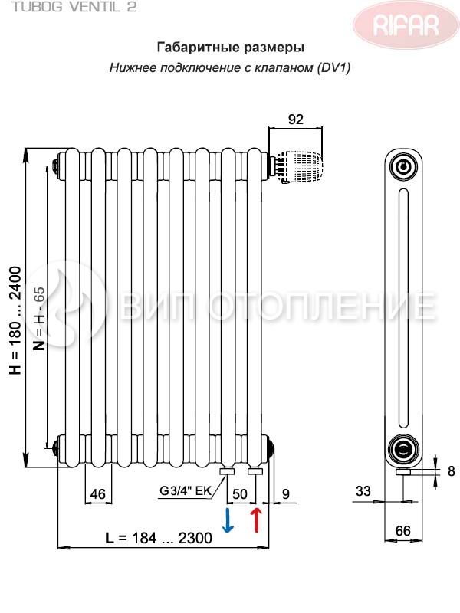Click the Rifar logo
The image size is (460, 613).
406,25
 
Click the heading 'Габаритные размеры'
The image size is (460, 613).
231,48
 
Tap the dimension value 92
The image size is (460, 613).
295,120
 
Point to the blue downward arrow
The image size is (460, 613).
228,520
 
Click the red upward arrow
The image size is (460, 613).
256,520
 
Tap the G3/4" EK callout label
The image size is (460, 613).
186,490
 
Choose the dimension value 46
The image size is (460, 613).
98,494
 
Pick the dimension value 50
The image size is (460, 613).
240,494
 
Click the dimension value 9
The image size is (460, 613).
286,493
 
